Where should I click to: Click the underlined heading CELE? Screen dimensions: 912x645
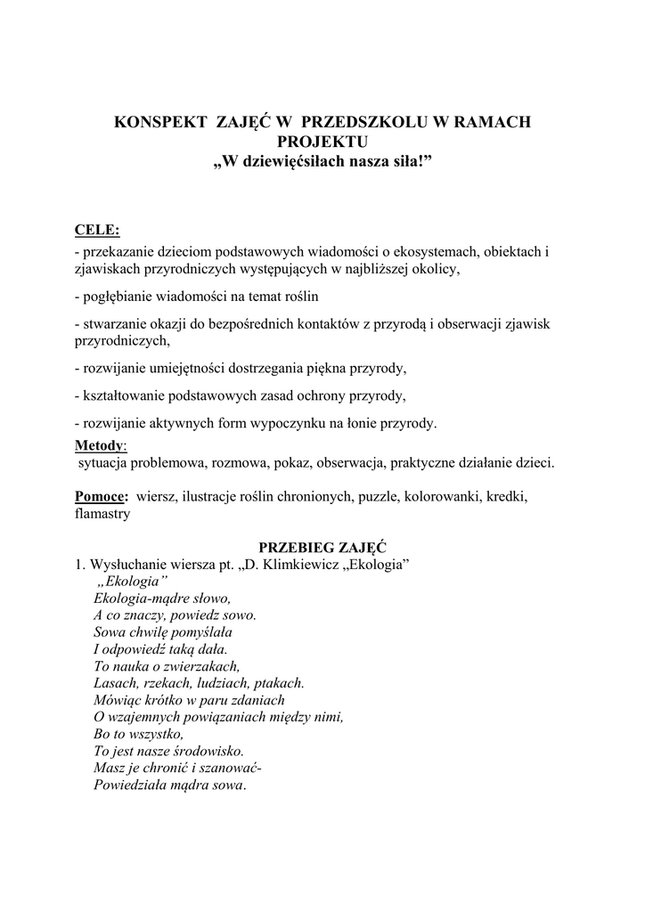pyautogui.click(x=97, y=231)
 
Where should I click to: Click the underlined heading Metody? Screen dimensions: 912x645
pyautogui.click(x=99, y=444)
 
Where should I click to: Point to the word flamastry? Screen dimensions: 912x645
pyautogui.click(x=102, y=513)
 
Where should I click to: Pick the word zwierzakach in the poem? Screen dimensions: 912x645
pyautogui.click(x=201, y=665)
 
